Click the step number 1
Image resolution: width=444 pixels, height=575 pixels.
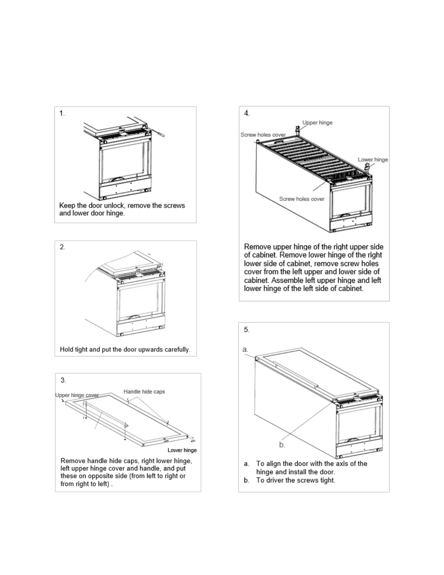pyautogui.click(x=62, y=113)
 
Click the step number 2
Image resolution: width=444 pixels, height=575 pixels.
pyautogui.click(x=62, y=247)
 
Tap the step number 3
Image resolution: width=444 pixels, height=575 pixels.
pyautogui.click(x=63, y=380)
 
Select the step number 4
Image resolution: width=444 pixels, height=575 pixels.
pyautogui.click(x=247, y=113)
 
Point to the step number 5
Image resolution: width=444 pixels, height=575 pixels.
pyautogui.click(x=247, y=330)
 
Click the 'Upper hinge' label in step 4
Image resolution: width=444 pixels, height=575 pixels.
pyautogui.click(x=317, y=123)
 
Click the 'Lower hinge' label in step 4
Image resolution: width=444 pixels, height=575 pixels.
pyautogui.click(x=373, y=160)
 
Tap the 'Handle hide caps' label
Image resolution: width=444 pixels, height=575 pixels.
pyautogui.click(x=144, y=392)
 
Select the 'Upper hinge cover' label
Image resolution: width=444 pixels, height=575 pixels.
pyautogui.click(x=77, y=395)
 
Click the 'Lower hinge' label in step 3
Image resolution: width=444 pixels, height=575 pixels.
pyautogui.click(x=182, y=450)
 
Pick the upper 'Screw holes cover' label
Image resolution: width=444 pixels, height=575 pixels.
pyautogui.click(x=263, y=135)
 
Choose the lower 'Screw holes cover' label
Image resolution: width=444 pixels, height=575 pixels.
pyautogui.click(x=302, y=199)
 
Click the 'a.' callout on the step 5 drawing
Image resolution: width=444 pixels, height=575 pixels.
pyautogui.click(x=245, y=350)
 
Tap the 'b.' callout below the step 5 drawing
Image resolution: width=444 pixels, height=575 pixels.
pyautogui.click(x=282, y=445)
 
